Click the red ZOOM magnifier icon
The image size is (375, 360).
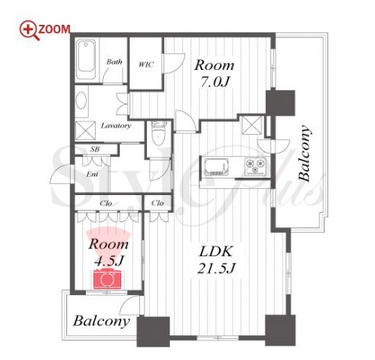(29, 30)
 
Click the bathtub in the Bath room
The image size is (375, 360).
(86, 59)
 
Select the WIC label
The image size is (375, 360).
(145, 65)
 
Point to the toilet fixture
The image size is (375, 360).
(158, 134)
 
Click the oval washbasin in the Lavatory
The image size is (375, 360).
(81, 100)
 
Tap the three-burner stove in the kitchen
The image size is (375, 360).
(255, 166)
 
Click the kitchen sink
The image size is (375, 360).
(216, 166)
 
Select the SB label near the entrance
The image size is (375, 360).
(95, 149)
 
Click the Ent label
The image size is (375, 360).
(92, 174)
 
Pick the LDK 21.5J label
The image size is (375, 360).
(216, 260)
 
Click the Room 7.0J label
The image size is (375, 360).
(215, 73)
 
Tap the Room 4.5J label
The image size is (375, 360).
(108, 252)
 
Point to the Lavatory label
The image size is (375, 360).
(116, 126)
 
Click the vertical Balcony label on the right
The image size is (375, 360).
(304, 153)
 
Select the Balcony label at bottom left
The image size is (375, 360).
(102, 321)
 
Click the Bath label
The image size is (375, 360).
(114, 62)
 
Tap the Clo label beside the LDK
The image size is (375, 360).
(157, 203)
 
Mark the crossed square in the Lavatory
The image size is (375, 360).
(85, 130)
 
